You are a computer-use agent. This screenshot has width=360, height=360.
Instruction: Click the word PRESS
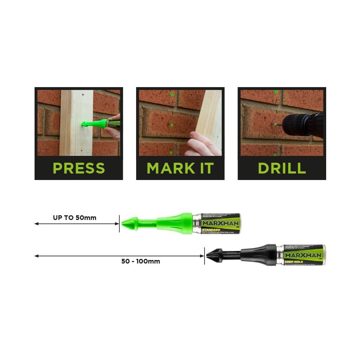click(79, 168)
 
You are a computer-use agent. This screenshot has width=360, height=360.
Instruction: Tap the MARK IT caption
click(180, 168)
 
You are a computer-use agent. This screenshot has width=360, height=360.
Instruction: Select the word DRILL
click(282, 168)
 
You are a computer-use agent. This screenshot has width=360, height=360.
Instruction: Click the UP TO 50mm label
click(75, 218)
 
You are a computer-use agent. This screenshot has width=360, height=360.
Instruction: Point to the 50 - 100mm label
click(140, 262)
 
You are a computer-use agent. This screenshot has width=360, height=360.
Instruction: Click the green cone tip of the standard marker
click(127, 224)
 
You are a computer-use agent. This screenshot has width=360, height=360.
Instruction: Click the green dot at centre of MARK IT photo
click(171, 125)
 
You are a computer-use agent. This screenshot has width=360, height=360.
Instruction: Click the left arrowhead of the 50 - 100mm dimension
click(36, 256)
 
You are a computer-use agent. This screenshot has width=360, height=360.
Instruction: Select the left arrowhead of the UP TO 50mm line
click(36, 224)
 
